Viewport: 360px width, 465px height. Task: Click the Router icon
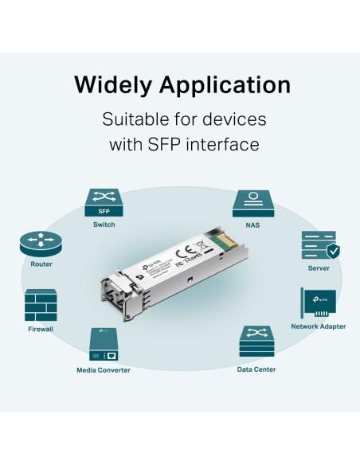pos(41,243)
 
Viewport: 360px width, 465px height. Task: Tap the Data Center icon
pos(256,342)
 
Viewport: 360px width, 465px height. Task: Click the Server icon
pos(319,248)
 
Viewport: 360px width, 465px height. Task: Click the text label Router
pos(41,264)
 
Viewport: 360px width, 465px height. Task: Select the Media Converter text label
pos(104,369)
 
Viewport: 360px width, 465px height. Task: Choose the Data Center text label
pos(256,369)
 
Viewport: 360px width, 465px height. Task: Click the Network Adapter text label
pos(318,326)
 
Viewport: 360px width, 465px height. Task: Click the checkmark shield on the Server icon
pos(332,252)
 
